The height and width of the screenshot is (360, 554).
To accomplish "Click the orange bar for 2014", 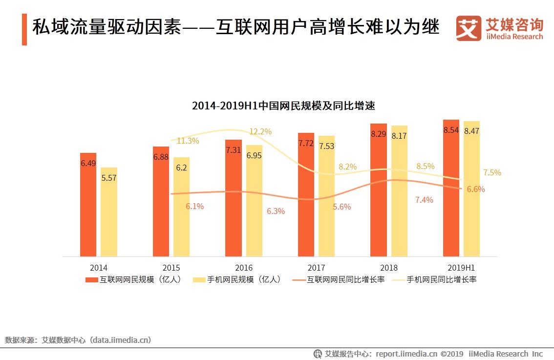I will tap(88, 205).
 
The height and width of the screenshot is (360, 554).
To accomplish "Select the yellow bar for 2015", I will tap(181, 207).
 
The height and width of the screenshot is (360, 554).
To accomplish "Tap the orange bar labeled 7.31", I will tap(234, 198).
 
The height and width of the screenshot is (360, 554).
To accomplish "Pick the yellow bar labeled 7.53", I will tap(327, 196).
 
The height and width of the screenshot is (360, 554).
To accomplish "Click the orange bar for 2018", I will tap(379, 190).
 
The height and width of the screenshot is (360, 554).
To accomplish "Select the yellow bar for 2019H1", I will tap(471, 189).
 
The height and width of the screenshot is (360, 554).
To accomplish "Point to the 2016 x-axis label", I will tap(244, 268).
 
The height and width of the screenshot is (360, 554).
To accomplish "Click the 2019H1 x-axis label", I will tap(461, 268).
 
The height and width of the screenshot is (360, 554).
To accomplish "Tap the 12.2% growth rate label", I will tap(260, 131).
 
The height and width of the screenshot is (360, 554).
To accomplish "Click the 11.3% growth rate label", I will tap(188, 141).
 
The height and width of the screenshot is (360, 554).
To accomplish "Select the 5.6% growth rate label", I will tap(342, 207).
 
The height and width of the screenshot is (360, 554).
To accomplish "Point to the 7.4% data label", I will tap(424, 200).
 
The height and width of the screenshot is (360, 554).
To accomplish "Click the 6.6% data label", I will tap(476, 190).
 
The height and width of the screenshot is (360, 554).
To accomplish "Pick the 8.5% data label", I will tap(425, 166).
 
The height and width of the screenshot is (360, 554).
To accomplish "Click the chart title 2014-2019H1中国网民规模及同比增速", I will tap(283, 106).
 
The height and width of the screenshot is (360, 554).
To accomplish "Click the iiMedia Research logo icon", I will tap(469, 28).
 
